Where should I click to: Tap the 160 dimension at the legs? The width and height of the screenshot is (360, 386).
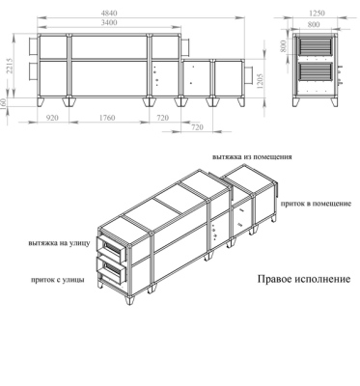[7, 101]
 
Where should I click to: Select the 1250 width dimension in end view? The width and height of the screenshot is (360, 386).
[317, 13]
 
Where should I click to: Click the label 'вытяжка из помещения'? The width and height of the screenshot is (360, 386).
[252, 155]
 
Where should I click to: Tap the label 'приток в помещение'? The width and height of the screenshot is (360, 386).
[314, 205]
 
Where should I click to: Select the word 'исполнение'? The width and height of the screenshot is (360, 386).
[324, 281]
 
